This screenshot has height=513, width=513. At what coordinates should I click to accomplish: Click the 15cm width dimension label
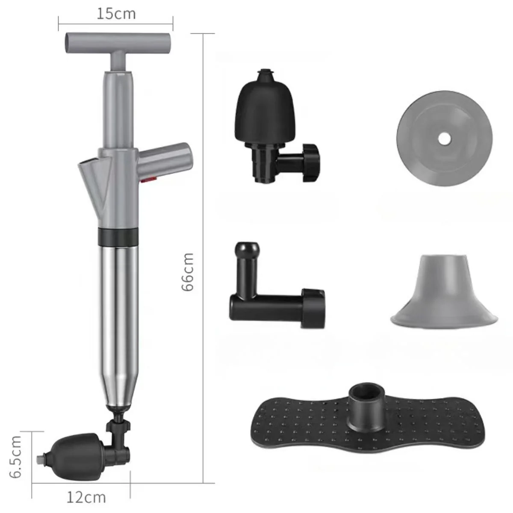click(x=116, y=14)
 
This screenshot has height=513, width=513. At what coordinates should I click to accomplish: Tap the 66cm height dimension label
click(x=188, y=272)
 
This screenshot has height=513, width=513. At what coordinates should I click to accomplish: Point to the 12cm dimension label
click(x=86, y=497)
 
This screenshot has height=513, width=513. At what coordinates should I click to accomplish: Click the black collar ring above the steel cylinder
click(x=118, y=236)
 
